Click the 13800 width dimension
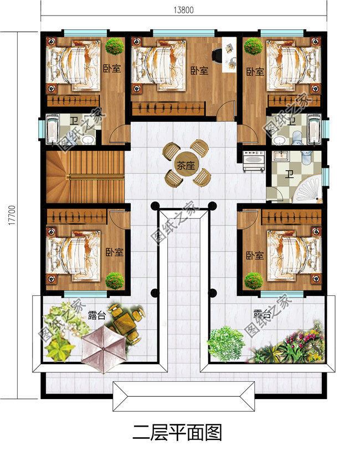click(183, 10)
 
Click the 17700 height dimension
click(12, 215)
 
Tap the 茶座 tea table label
click(186, 166)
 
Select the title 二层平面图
click(177, 432)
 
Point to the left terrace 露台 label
click(97, 315)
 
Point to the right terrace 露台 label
click(263, 314)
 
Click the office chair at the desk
click(217, 55)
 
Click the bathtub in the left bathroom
click(53, 129)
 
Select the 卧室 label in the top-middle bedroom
click(199, 70)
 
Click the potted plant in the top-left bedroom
click(115, 46)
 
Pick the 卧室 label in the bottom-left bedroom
click(115, 252)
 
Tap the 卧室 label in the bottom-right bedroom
click(255, 255)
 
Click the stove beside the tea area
click(254, 161)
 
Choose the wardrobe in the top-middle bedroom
click(168, 109)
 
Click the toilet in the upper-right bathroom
click(297, 138)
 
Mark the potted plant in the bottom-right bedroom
click(254, 280)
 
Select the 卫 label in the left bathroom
click(74, 121)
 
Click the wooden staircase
click(85, 177)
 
